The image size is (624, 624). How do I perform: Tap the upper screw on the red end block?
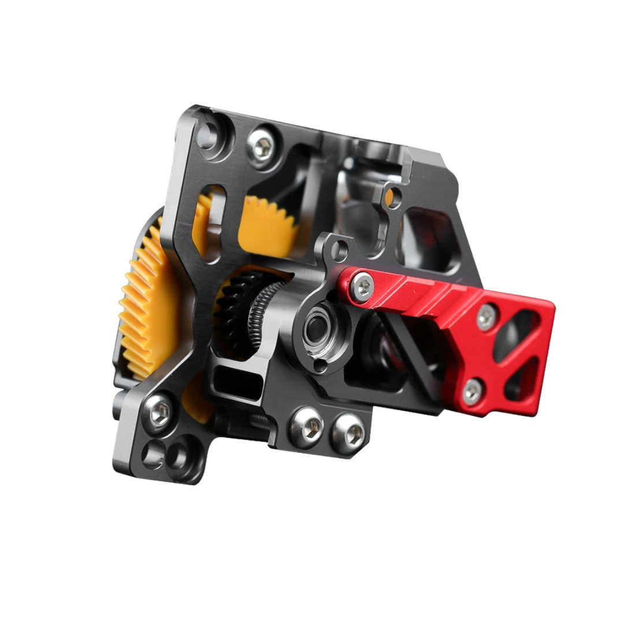tap(486, 316)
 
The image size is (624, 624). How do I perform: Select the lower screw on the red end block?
tap(471, 392)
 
